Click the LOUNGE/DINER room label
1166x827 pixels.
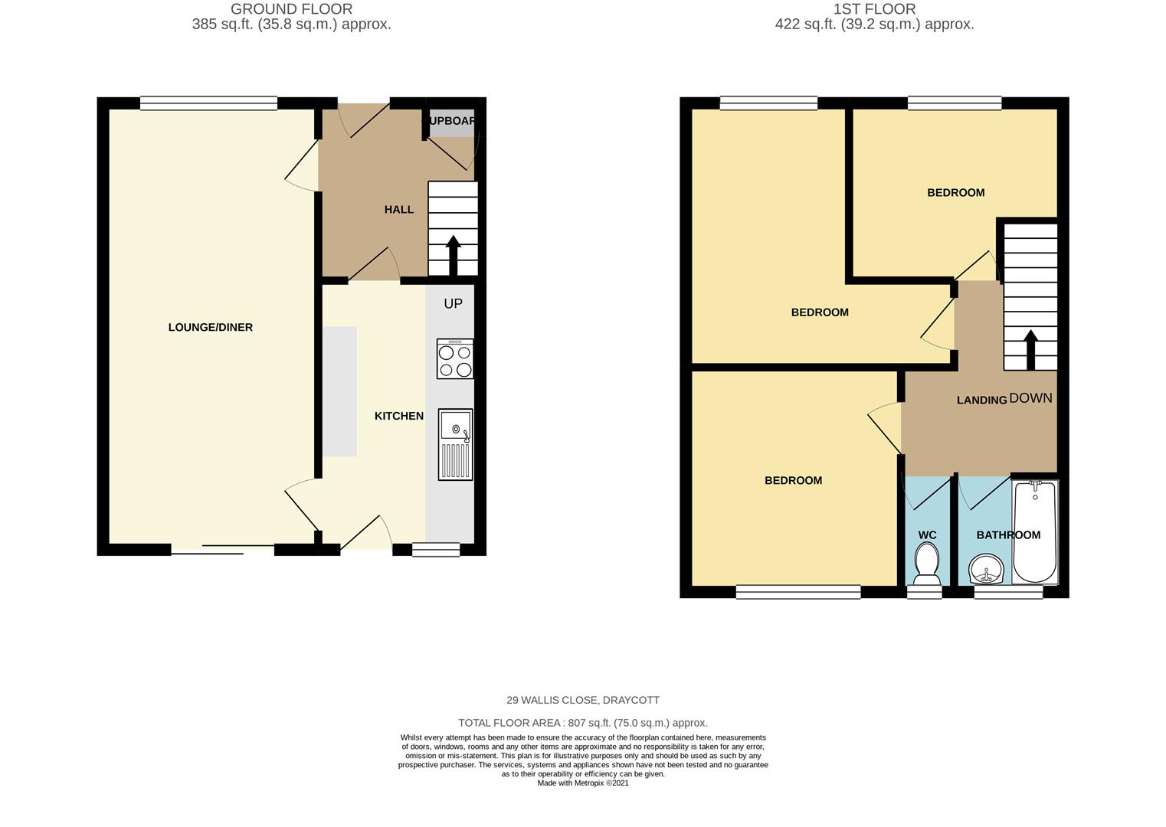[211, 328]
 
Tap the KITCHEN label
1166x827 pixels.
[398, 416]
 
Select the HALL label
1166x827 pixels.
[398, 210]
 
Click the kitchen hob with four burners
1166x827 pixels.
[455, 358]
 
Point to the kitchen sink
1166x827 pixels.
[456, 444]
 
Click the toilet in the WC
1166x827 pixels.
[926, 564]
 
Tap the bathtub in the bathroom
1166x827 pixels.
[1035, 531]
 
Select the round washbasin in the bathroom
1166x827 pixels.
[985, 569]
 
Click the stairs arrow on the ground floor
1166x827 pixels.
[453, 255]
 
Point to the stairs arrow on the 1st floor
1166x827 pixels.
[1030, 350]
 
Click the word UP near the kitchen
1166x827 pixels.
[453, 304]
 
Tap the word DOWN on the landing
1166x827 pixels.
[1030, 398]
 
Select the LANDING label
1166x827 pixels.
[981, 400]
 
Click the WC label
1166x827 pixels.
[927, 535]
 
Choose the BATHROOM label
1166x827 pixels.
[1008, 535]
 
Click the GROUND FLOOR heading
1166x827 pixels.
[291, 9]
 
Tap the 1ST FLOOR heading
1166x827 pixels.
[875, 9]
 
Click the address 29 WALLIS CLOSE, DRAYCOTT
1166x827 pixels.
[583, 700]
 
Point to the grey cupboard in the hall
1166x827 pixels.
[451, 123]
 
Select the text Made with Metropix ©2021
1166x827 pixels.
[583, 783]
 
